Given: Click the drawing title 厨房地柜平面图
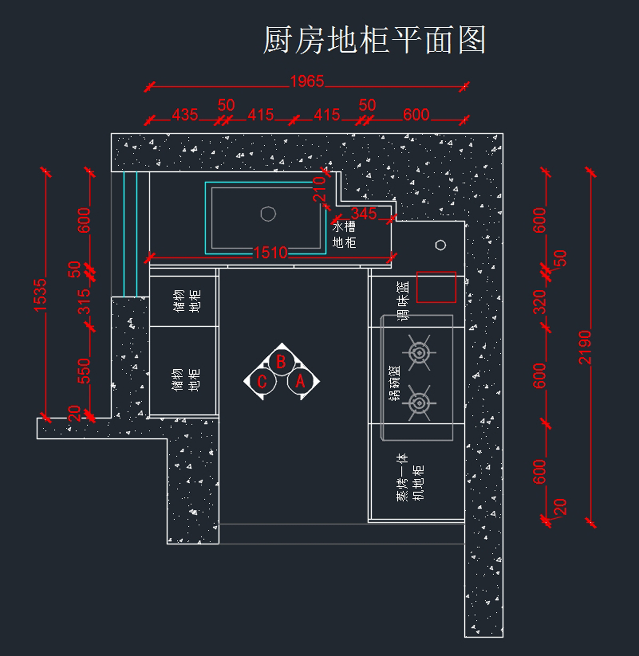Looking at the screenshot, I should point(374,40).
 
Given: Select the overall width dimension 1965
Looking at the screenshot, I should point(307,81).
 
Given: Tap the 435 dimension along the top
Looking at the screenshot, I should point(185,115).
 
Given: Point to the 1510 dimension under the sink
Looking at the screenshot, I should point(271,253).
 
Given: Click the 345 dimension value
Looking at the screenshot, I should point(364,214).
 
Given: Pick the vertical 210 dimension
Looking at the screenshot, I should point(319,189).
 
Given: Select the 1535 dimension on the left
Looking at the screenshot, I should point(40,295).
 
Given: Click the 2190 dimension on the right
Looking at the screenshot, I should point(585,347).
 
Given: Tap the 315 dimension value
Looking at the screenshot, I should point(84,302).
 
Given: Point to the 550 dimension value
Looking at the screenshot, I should point(84,371).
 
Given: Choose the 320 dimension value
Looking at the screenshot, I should point(540,302).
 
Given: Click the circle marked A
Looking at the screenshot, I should point(300,381).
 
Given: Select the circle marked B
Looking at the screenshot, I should point(281,362).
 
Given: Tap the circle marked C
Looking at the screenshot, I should point(262,381).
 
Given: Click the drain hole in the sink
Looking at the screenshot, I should point(268,214).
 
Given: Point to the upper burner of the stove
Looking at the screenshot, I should point(419,352).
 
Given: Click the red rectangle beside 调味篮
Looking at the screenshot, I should point(436,287).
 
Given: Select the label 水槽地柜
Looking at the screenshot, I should point(344,235).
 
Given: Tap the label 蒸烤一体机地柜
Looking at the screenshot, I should point(410,477).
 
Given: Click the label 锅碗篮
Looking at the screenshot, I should point(395,384).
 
